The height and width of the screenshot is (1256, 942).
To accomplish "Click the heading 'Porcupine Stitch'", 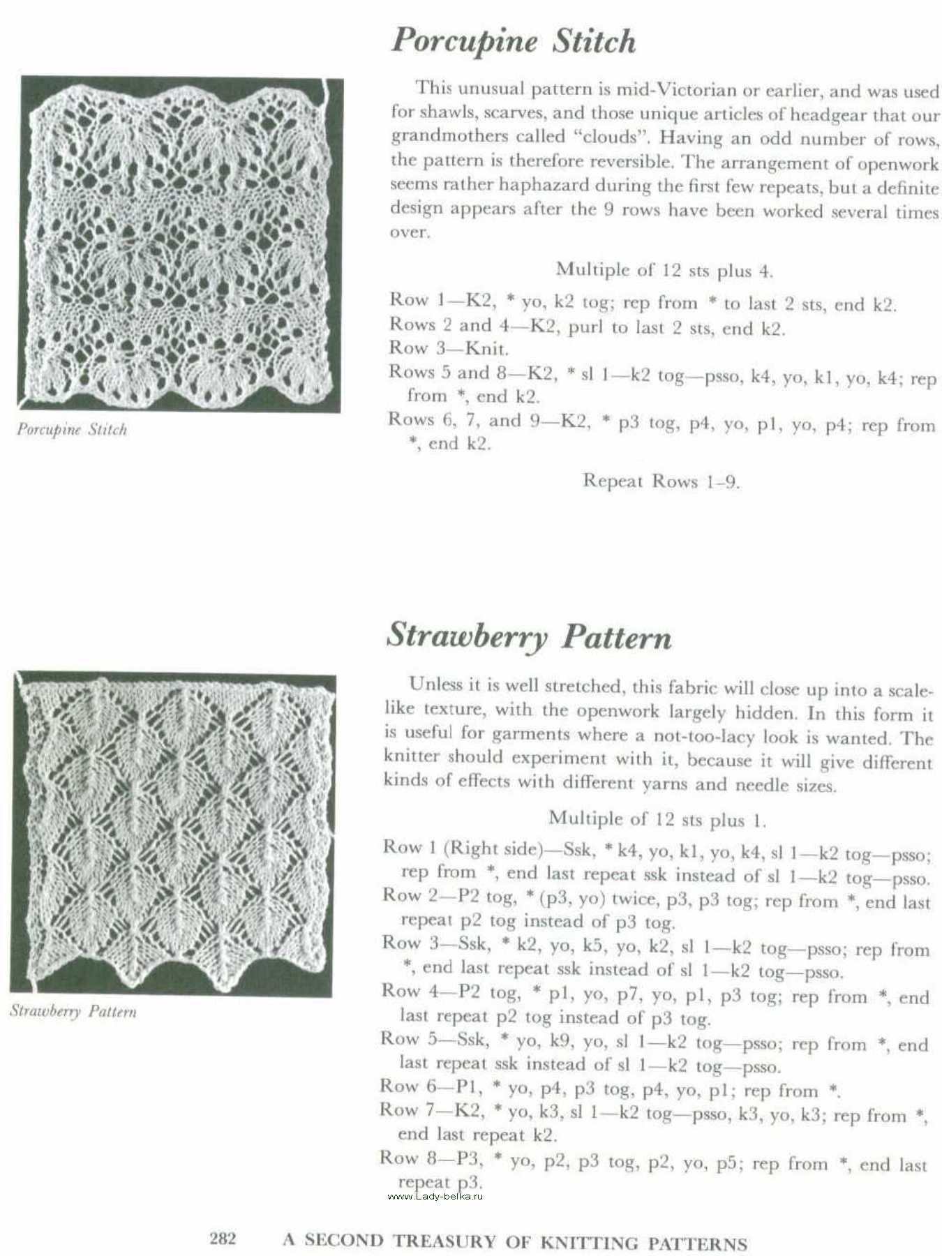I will [x=514, y=41].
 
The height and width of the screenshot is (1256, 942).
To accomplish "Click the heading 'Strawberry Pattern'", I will [x=529, y=636].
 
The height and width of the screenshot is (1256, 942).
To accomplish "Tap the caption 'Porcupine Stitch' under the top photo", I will [x=72, y=429].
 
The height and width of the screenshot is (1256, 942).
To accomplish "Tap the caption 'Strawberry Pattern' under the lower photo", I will [x=73, y=1011].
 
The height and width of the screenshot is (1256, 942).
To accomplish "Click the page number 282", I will [x=223, y=1239].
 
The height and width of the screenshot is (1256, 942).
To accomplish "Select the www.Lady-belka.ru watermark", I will [x=435, y=1196].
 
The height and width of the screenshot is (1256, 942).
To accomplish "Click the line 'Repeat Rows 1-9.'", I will [x=661, y=481].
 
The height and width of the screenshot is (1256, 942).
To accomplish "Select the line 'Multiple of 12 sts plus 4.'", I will [x=664, y=270].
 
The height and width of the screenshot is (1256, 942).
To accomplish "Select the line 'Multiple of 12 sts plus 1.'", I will [x=657, y=818].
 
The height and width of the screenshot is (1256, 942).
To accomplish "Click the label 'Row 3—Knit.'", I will [x=449, y=347].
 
